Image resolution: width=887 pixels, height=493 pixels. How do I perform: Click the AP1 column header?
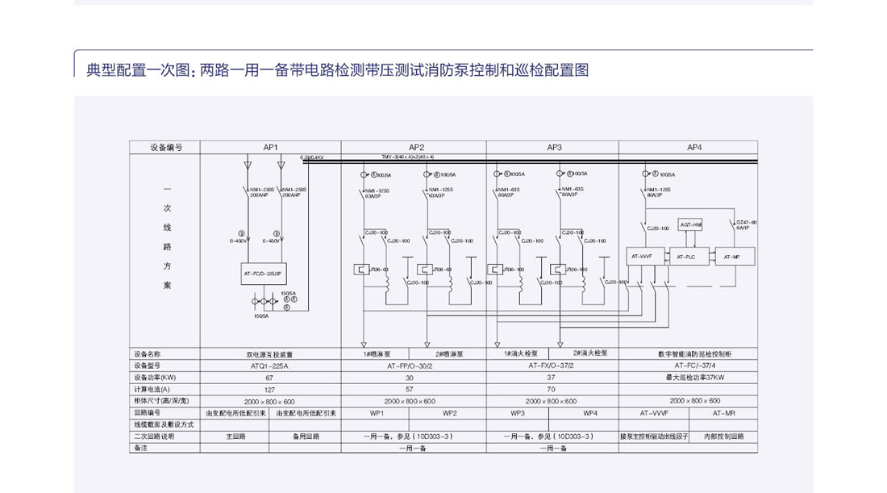(x=270, y=147)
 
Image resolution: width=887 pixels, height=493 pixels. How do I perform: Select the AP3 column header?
(x=553, y=147)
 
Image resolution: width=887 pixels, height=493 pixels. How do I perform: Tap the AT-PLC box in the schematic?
(x=686, y=257)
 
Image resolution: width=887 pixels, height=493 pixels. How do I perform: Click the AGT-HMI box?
(x=691, y=224)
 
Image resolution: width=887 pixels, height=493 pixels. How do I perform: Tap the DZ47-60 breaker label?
(x=747, y=224)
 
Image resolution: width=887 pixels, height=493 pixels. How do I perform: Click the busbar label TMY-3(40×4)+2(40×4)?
(x=408, y=157)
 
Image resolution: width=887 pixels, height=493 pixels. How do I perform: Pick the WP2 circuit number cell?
(x=449, y=412)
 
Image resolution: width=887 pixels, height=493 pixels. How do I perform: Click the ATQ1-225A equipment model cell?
(x=270, y=366)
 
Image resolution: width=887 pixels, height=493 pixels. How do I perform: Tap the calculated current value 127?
(x=270, y=389)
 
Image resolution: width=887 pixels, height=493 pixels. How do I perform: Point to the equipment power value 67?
(x=270, y=377)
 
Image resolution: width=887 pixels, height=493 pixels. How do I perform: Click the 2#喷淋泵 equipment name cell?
(x=449, y=353)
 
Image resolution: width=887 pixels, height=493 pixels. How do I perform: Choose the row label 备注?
(x=142, y=447)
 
